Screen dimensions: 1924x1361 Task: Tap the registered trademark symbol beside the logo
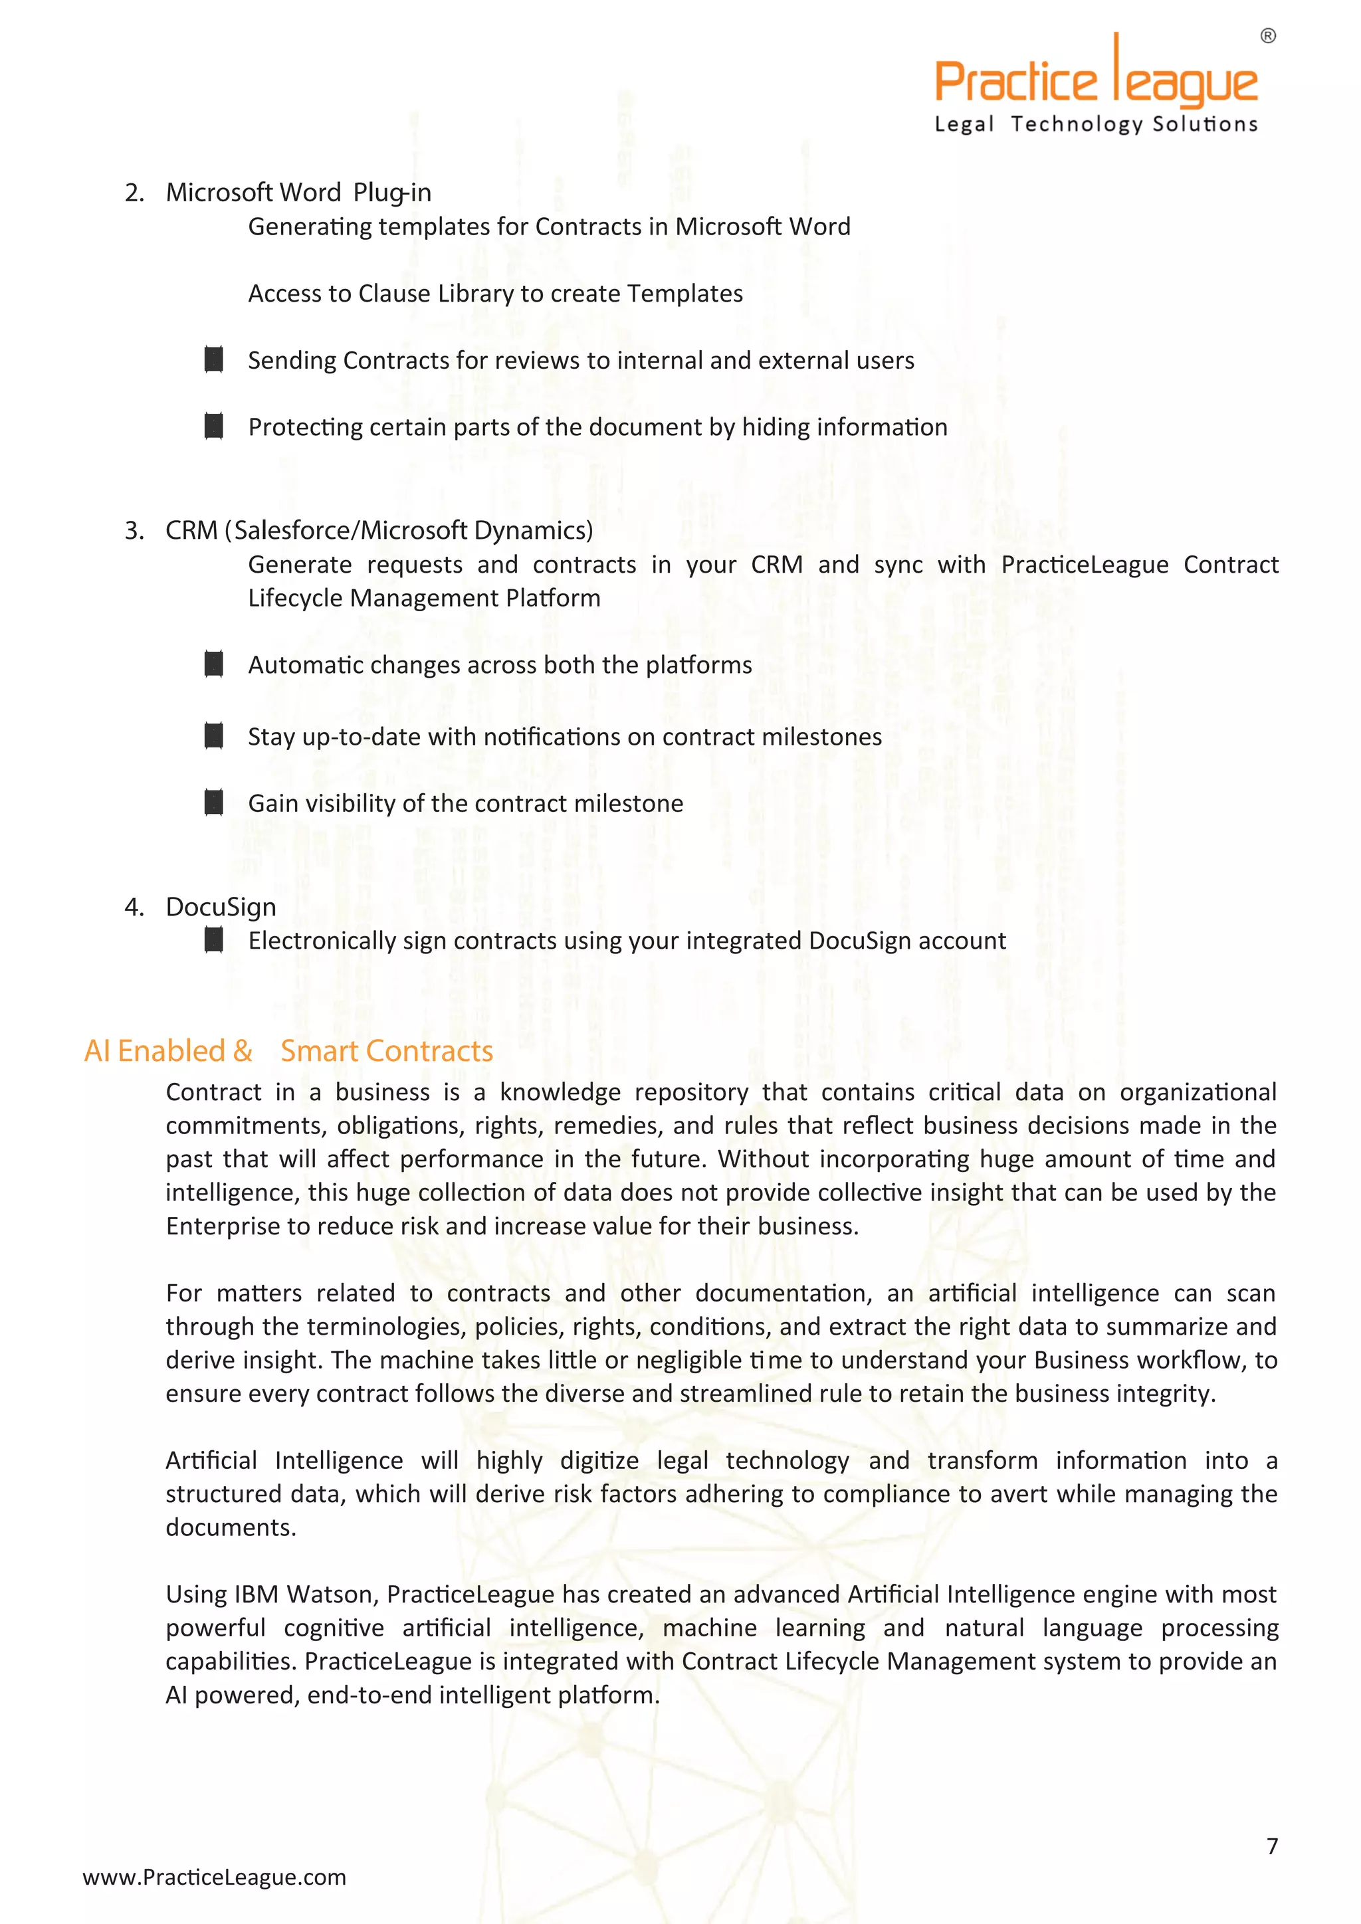point(1268,36)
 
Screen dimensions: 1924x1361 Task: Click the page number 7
point(1272,1846)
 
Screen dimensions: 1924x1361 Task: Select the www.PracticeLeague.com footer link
point(214,1877)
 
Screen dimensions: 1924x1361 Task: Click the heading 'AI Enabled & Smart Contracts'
point(288,1051)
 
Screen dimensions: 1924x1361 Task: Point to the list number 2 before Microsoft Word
point(134,193)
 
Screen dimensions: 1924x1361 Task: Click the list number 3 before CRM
point(134,530)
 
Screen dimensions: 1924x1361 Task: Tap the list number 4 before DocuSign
point(134,907)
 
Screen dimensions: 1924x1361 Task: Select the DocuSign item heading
point(221,907)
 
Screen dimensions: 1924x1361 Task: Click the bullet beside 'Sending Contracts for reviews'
point(214,359)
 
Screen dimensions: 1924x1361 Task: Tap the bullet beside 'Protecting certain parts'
point(214,427)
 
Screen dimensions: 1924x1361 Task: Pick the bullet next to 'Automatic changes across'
point(214,664)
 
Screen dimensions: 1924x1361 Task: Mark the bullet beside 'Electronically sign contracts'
point(214,940)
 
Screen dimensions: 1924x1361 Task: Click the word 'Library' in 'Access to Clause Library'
point(475,293)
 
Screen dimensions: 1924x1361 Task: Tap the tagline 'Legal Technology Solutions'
point(1095,124)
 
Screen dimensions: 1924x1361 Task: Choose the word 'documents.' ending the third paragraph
point(231,1527)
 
